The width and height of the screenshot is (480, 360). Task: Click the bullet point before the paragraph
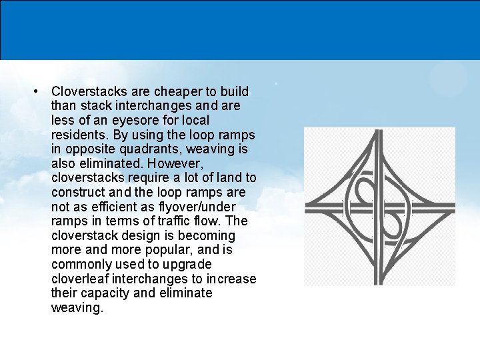[x=40, y=91]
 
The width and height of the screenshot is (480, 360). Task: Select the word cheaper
[x=176, y=91]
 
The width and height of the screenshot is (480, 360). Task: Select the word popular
[x=161, y=250]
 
